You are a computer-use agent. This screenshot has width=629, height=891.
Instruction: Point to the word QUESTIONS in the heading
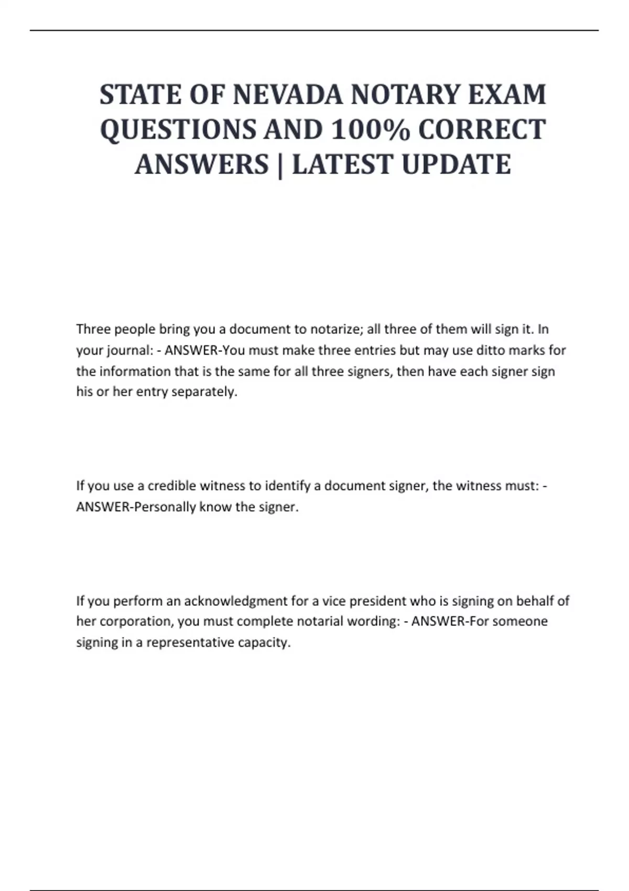[x=178, y=129]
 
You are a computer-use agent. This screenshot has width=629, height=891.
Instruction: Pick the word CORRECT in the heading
[x=482, y=129]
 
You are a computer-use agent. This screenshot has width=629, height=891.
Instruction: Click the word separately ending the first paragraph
[x=204, y=392]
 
